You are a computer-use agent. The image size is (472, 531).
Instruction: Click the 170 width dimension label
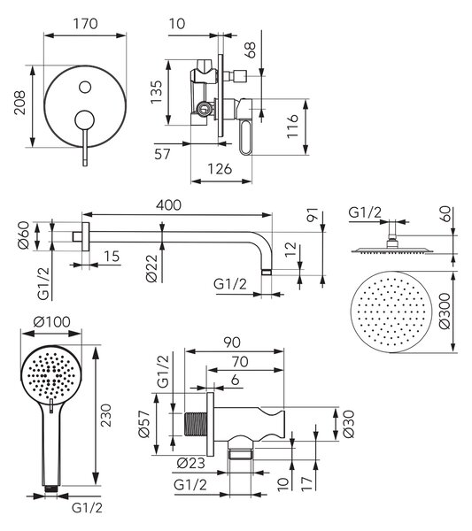coord(85,24)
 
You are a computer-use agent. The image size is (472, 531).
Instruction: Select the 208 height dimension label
coord(19,103)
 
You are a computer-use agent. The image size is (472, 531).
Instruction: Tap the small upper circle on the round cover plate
coord(85,87)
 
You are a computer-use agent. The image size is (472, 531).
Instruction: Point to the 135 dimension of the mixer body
coord(156,92)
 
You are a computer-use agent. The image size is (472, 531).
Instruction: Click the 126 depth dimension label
coord(220,169)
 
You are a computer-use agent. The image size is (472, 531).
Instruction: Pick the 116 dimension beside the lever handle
coord(292,126)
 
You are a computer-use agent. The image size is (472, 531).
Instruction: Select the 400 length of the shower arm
coord(169,205)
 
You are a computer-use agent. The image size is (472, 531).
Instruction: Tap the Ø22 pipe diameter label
coord(151,268)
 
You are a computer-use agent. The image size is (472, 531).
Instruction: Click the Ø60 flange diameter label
coord(24,235)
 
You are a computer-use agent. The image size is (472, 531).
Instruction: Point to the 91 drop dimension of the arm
coord(313,215)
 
